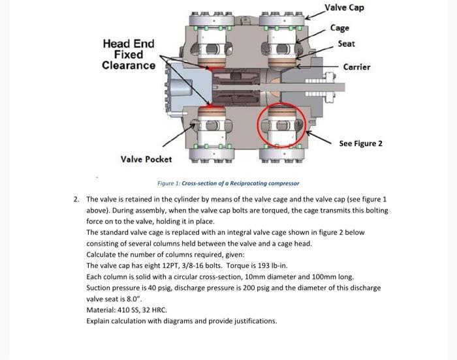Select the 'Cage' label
point(339,27)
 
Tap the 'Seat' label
point(346,44)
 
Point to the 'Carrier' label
point(356,67)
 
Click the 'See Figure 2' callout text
point(360,143)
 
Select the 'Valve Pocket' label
point(146,159)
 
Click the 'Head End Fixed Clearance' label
point(129,55)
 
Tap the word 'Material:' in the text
point(101,310)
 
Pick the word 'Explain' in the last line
point(99,321)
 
